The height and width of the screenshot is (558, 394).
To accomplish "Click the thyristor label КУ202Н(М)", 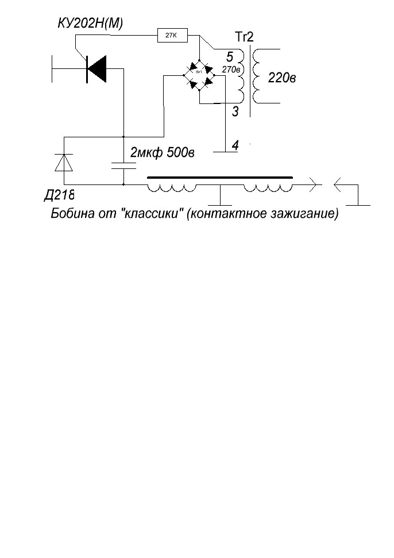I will tap(91, 23).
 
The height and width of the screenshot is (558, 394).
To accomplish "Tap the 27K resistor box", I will tap(172, 36).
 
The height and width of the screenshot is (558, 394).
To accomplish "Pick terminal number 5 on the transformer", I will tap(230, 56).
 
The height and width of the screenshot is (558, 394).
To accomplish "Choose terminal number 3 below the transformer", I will tap(235, 111).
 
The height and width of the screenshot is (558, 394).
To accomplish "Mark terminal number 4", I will tap(235, 146).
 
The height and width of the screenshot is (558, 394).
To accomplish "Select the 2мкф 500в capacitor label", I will tap(163, 153).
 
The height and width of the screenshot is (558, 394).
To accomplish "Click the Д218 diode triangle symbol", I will tap(63, 162).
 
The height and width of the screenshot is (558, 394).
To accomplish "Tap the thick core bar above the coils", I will tap(220, 178).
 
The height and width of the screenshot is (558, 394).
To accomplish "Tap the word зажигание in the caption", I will tap(308, 214).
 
